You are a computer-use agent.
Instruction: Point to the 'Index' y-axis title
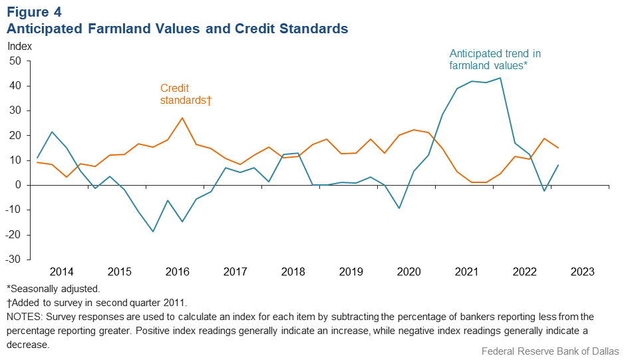coord(19,47)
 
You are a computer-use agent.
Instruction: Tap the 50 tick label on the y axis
coord(15,61)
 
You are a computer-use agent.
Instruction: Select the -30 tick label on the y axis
coord(13,260)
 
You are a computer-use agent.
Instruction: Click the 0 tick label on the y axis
coord(19,185)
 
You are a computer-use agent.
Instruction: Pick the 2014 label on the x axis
coord(61,271)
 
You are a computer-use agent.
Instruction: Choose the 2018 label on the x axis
coord(293,271)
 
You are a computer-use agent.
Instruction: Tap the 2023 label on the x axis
coord(583,271)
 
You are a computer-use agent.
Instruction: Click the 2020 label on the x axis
coord(409,271)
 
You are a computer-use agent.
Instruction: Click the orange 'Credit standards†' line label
coord(186,94)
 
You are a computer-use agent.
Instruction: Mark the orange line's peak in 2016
coord(182,118)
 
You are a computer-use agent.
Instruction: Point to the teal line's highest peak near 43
coord(500,78)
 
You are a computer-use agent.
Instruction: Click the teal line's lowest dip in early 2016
coord(153,232)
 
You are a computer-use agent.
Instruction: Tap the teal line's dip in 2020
coord(399,208)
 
